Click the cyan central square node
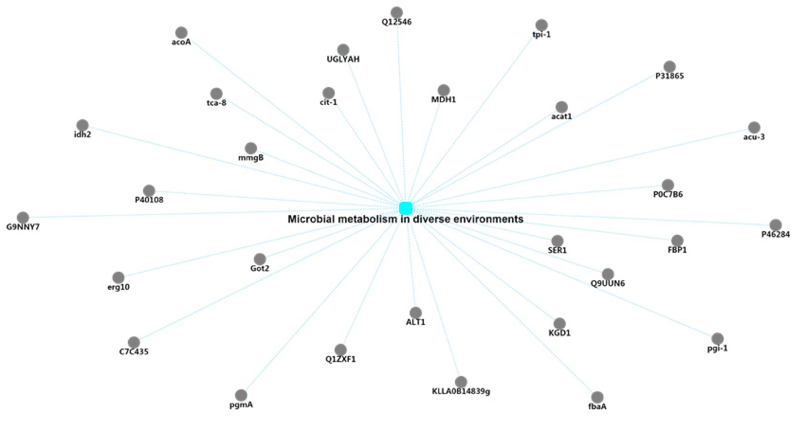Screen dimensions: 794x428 pos(406,208)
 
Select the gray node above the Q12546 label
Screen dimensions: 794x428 pos(397,12)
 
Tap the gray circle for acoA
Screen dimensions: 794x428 pos(181,32)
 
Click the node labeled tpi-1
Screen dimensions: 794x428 pos(541,25)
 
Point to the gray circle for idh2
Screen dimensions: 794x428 pos(82,125)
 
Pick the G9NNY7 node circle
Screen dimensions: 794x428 pos(23,217)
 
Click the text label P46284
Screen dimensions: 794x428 pos(775,234)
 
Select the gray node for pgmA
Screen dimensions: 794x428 pos(241,395)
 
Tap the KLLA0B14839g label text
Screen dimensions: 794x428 pos(461,391)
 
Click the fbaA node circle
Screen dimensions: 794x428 pos(597,397)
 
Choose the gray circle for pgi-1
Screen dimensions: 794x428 pos(717,339)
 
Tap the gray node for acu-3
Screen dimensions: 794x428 pos(754,127)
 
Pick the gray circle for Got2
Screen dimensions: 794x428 pos(260,259)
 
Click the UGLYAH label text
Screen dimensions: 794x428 pos(343,59)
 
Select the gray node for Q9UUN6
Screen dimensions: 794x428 pos(607,274)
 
